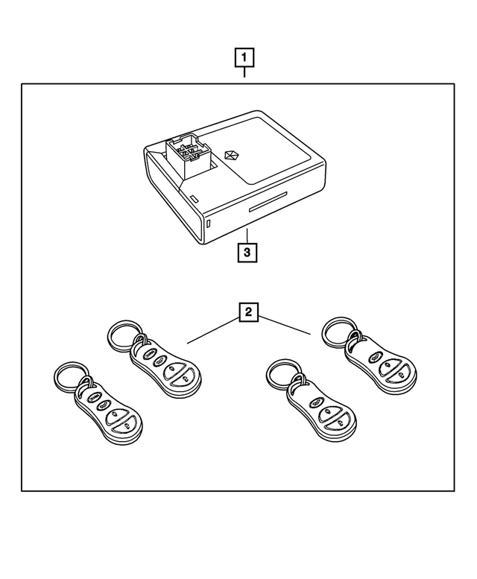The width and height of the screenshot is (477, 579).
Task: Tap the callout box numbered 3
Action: [247, 252]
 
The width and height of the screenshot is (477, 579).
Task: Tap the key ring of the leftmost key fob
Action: [71, 376]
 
